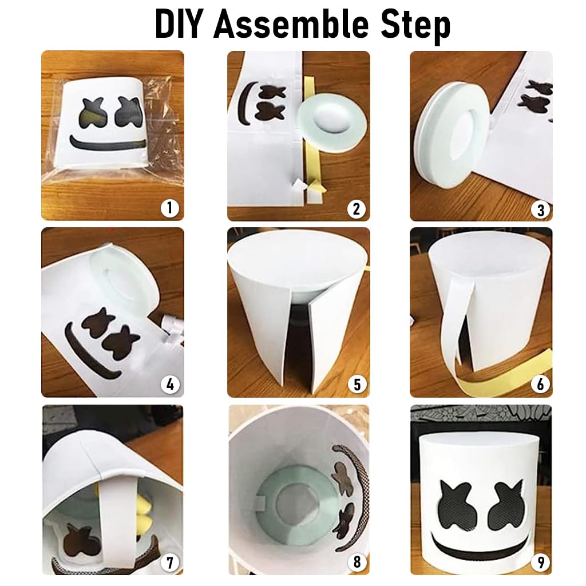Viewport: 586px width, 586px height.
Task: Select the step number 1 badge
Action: [x=170, y=207]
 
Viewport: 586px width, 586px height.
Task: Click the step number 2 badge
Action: [x=356, y=208]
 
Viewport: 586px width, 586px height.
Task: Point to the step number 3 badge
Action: [x=540, y=209]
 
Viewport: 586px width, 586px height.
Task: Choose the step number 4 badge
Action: [x=170, y=385]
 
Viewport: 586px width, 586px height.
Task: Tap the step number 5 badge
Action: [x=357, y=385]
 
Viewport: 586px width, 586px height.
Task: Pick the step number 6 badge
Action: [x=540, y=384]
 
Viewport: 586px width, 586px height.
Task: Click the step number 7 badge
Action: [x=170, y=563]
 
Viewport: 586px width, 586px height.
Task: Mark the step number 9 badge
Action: [x=540, y=562]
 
